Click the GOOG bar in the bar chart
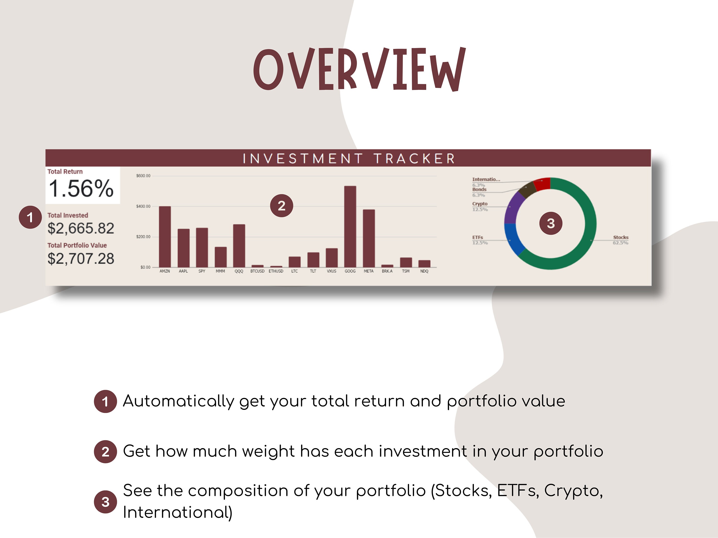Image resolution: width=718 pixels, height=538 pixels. (x=350, y=227)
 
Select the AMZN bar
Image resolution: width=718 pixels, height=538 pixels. (x=165, y=237)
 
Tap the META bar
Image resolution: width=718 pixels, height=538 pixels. (x=369, y=238)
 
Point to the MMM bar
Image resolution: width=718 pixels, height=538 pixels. (x=221, y=257)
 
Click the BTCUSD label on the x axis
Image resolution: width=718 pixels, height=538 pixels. (x=257, y=271)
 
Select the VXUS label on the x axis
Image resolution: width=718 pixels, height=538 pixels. (x=331, y=271)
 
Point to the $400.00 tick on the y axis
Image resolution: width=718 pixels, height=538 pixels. (x=143, y=206)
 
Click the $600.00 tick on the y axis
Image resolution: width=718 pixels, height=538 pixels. (x=143, y=176)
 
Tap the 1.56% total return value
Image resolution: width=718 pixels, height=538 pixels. (x=81, y=188)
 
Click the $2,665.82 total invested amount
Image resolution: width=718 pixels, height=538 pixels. (x=81, y=228)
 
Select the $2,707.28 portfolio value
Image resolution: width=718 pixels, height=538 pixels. (x=81, y=259)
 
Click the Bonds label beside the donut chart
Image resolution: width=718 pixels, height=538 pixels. (x=479, y=189)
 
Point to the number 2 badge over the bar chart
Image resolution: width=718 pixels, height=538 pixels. (x=281, y=206)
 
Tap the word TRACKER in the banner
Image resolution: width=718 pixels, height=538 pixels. (x=414, y=159)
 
